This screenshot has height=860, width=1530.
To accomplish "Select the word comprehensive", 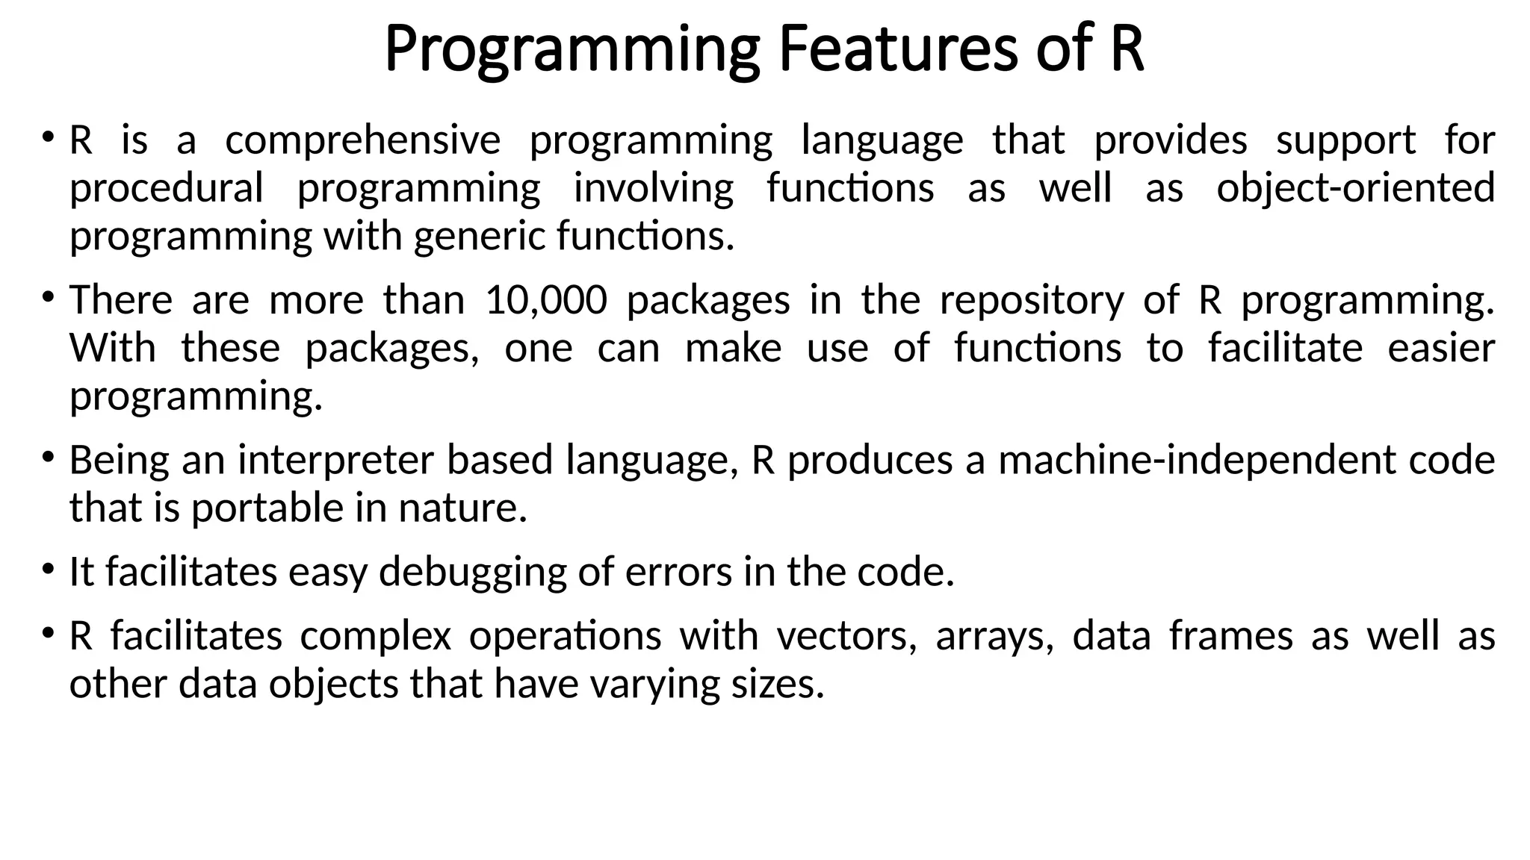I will point(363,140).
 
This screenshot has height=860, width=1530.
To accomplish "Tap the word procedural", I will point(166,188).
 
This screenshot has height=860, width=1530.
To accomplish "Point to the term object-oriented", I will point(1355,188).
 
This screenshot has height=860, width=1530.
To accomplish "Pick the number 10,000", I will point(546,300).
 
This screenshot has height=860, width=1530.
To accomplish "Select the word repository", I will point(1032,300).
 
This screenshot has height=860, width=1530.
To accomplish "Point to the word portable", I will point(268,508).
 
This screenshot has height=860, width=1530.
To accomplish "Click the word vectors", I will point(846,636).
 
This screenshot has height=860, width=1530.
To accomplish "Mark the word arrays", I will point(994,636).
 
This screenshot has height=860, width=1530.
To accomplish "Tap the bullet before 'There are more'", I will point(48,298).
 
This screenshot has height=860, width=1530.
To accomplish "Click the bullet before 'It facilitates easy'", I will point(48,570).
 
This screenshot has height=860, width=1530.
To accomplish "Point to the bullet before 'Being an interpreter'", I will point(48,458).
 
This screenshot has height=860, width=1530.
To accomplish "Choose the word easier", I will point(1441,349).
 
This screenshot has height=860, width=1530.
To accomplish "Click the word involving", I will point(654,188).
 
